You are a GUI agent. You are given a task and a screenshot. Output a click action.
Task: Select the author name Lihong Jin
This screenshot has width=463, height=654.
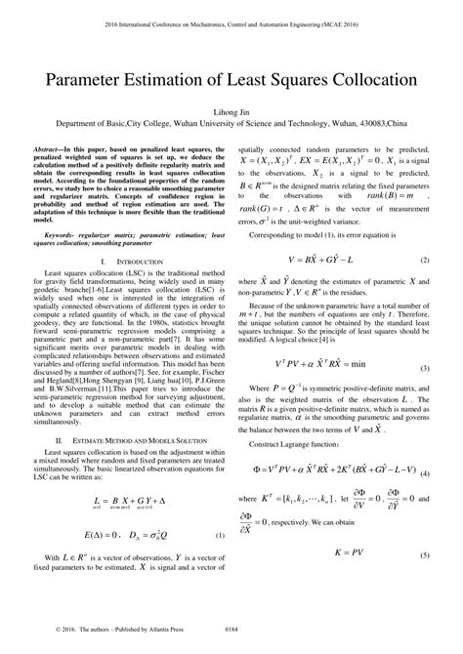(x=231, y=113)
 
